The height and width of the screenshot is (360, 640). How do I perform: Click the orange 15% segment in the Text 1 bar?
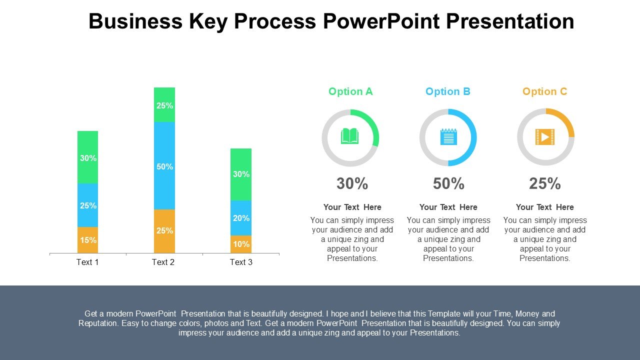click(x=88, y=240)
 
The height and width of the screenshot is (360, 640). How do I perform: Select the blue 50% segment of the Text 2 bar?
click(x=164, y=166)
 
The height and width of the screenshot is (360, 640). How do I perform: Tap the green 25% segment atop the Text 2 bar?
click(x=164, y=105)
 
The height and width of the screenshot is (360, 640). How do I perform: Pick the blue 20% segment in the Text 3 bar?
click(x=241, y=218)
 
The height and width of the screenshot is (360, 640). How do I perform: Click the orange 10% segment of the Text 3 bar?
click(x=241, y=244)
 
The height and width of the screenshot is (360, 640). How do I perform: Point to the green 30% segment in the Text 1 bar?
click(x=88, y=157)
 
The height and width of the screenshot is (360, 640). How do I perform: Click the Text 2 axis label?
click(x=163, y=262)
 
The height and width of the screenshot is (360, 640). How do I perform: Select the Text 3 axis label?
click(x=241, y=262)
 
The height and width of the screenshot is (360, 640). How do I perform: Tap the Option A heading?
click(x=350, y=91)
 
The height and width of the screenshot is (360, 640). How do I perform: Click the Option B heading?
click(x=448, y=91)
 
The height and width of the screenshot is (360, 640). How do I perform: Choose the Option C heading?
click(x=545, y=91)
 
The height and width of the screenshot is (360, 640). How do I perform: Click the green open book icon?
click(x=350, y=136)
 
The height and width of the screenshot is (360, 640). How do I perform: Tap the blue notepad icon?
click(x=448, y=137)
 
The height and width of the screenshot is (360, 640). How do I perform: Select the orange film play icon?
click(x=545, y=136)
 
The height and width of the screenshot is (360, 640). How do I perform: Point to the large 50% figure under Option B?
click(x=448, y=184)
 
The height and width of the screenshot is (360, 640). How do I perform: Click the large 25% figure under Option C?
click(x=545, y=184)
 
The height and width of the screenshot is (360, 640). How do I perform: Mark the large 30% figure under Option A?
click(x=352, y=184)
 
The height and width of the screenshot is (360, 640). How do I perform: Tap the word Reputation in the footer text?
click(x=99, y=323)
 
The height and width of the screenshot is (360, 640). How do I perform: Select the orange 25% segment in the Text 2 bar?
click(x=164, y=230)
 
